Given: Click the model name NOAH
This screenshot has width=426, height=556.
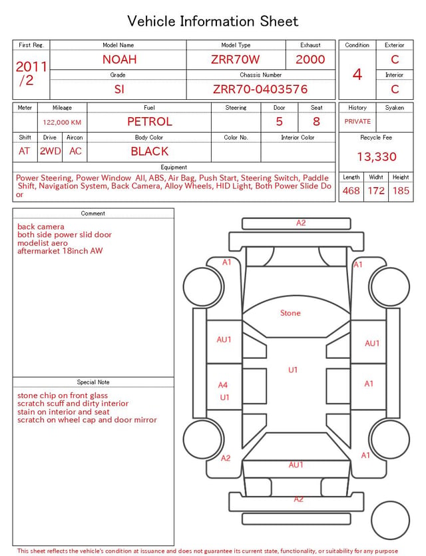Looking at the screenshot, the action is pyautogui.click(x=119, y=59).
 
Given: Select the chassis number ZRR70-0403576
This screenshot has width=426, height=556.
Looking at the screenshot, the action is pyautogui.click(x=260, y=89).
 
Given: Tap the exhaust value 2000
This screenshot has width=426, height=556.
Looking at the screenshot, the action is pyautogui.click(x=310, y=59).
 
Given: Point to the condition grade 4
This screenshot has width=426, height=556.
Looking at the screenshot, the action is pyautogui.click(x=357, y=75).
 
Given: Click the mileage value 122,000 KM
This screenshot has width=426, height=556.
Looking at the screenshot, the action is pyautogui.click(x=62, y=123).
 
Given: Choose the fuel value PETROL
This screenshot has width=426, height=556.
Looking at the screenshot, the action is pyautogui.click(x=150, y=122).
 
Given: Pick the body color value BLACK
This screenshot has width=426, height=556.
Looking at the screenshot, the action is pyautogui.click(x=150, y=151).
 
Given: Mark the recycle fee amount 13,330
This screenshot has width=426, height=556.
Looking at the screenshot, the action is pyautogui.click(x=376, y=156).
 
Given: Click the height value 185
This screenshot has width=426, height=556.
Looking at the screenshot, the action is pyautogui.click(x=401, y=190).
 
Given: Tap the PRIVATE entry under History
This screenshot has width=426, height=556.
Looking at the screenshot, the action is pyautogui.click(x=357, y=121).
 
